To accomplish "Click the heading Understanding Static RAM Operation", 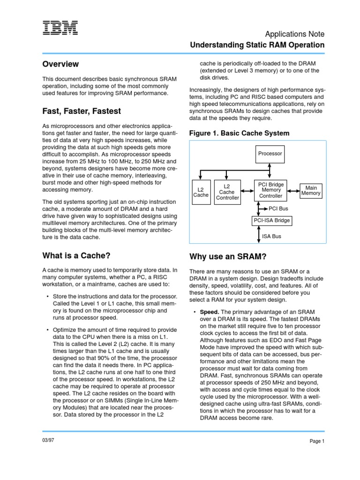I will (x=257, y=45).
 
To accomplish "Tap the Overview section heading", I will (x=60, y=64).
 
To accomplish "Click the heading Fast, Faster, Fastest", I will (x=82, y=111).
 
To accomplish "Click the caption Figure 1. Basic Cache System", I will (x=239, y=133).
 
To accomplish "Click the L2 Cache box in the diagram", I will (x=201, y=192).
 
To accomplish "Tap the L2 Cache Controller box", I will (x=227, y=192).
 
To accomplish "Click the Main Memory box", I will (x=311, y=190).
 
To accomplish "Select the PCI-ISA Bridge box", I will (x=271, y=220).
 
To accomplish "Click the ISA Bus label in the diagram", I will (x=272, y=236).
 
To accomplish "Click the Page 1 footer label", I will (x=317, y=441).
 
